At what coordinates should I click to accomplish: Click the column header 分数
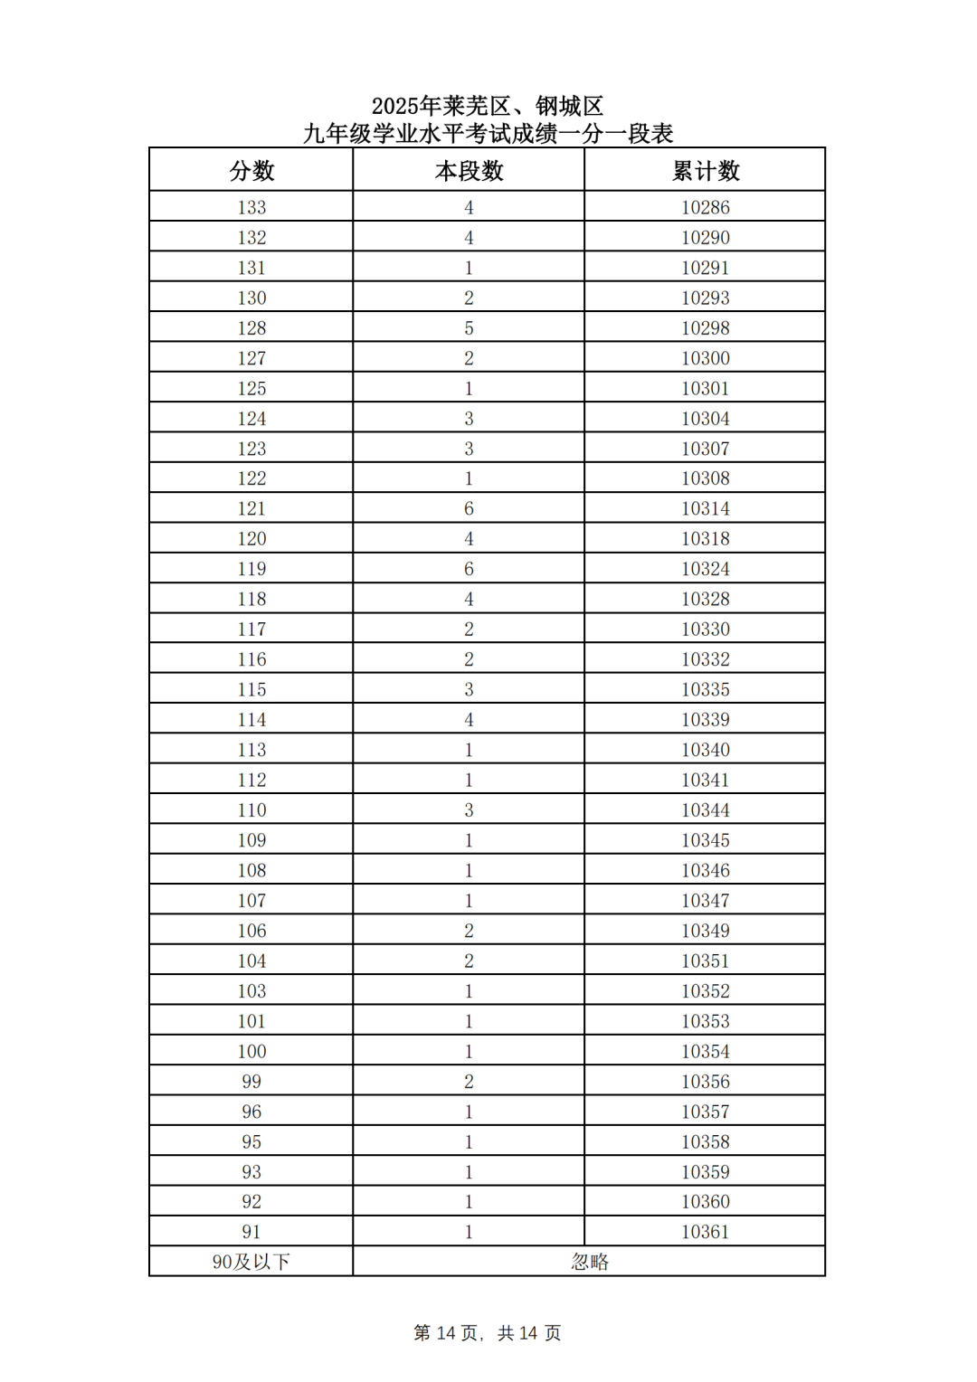click(251, 171)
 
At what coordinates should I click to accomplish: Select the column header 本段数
click(469, 171)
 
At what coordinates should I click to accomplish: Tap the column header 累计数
click(706, 171)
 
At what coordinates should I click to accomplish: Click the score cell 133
click(251, 207)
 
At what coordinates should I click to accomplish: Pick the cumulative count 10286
click(706, 207)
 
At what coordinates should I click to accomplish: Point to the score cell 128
click(251, 327)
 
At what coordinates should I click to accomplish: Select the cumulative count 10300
click(706, 358)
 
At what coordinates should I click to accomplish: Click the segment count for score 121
click(469, 508)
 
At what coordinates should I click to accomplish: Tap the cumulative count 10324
click(706, 569)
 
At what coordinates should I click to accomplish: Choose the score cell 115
click(251, 689)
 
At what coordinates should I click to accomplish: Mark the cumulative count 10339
click(706, 719)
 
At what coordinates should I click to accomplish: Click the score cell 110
click(251, 809)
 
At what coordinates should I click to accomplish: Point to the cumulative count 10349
click(706, 931)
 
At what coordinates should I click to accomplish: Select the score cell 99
click(251, 1081)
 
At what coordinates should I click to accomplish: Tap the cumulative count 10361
click(706, 1232)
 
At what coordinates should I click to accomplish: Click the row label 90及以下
click(251, 1262)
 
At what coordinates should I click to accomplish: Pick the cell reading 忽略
click(590, 1262)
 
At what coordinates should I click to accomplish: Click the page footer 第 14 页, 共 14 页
click(488, 1333)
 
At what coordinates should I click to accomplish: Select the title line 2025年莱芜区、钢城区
click(488, 107)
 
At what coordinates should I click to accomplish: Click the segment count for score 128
click(469, 327)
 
